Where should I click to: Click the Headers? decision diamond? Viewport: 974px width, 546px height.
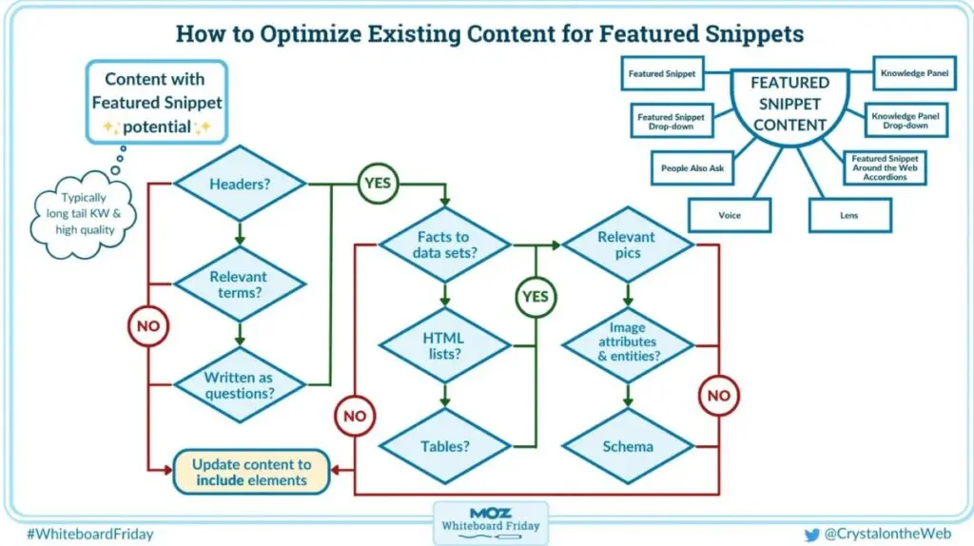240,185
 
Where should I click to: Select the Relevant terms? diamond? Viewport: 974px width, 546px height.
240,284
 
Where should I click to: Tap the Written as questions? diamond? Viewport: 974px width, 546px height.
240,384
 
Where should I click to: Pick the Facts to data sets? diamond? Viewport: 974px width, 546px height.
442,244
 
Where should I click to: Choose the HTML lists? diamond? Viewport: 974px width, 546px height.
442,345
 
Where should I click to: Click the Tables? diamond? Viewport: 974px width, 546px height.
442,445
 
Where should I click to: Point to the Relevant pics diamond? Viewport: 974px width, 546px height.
627,244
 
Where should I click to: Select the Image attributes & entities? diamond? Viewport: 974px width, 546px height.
627,345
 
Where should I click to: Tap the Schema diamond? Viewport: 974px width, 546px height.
627,445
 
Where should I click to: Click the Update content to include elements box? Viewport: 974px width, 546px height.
252,472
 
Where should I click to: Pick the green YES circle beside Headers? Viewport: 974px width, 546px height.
378,184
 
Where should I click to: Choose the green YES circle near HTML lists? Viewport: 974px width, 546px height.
536,297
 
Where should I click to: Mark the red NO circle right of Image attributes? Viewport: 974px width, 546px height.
720,394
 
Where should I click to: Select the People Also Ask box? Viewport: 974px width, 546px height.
692,168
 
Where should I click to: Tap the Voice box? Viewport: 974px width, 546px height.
730,215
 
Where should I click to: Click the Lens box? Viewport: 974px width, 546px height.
849,215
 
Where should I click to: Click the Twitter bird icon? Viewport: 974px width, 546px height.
811,535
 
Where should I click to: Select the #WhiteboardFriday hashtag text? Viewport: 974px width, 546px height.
91,535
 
